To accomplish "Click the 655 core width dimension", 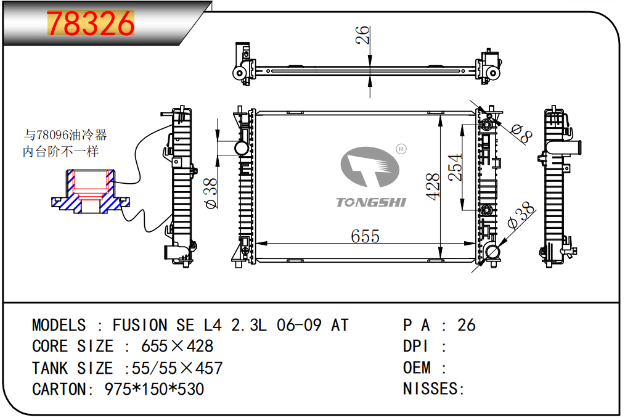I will [365, 236].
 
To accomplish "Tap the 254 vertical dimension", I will [455, 167].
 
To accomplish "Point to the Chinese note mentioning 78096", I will [64, 143].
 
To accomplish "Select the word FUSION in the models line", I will [139, 325].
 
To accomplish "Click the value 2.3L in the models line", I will [249, 325].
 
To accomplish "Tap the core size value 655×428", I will [177, 346].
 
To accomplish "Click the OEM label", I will [417, 368].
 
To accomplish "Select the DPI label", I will [415, 346].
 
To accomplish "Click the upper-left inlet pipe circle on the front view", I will [241, 149].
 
